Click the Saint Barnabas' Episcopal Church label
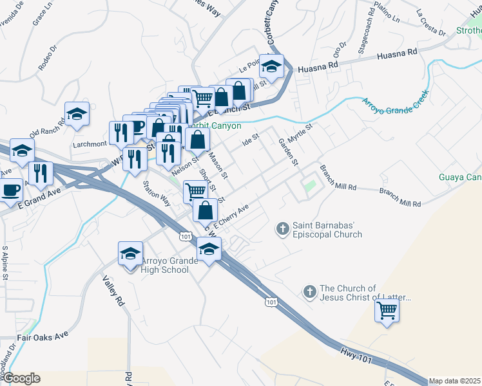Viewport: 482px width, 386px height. (x=327, y=230)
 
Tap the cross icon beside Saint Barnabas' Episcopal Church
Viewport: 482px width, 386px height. (x=282, y=228)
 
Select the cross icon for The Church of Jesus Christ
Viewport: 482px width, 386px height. (x=309, y=292)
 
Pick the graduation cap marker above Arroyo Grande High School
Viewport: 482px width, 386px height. (x=130, y=253)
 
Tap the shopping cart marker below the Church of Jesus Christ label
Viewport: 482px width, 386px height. (x=387, y=311)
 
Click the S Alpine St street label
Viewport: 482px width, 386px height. (x=5, y=262)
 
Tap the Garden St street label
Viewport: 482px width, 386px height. (x=287, y=152)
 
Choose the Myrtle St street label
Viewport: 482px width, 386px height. (x=300, y=135)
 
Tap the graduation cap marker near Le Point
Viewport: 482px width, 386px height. (x=272, y=67)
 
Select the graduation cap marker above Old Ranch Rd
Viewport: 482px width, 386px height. (x=77, y=114)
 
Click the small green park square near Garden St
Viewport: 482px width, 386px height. (x=310, y=187)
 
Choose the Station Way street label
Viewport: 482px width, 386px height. (x=157, y=193)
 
